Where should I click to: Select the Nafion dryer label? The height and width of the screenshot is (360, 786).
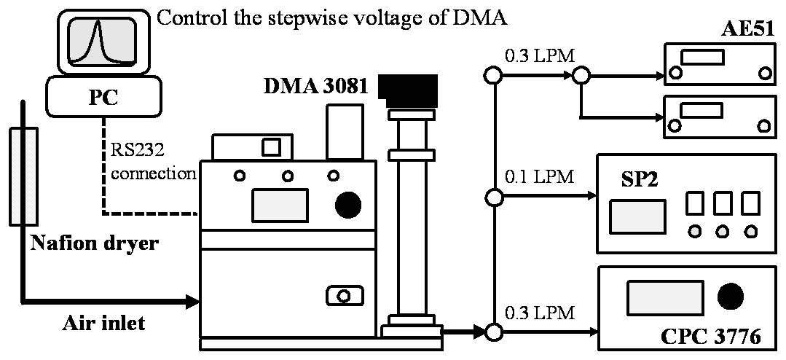(94, 243)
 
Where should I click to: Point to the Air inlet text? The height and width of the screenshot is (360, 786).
(103, 323)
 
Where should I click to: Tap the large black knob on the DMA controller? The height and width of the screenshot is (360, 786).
(349, 206)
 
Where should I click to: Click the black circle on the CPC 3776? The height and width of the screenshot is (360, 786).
(731, 296)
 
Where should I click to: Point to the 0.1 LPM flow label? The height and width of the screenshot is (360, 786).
(539, 176)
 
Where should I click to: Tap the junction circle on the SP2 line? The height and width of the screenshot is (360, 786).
(494, 197)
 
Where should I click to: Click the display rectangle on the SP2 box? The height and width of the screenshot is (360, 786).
(637, 216)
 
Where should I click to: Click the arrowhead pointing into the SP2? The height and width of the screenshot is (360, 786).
(589, 197)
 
